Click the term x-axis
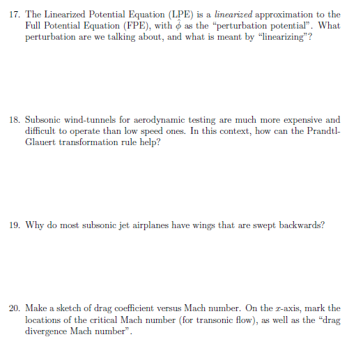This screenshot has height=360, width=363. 281,308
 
